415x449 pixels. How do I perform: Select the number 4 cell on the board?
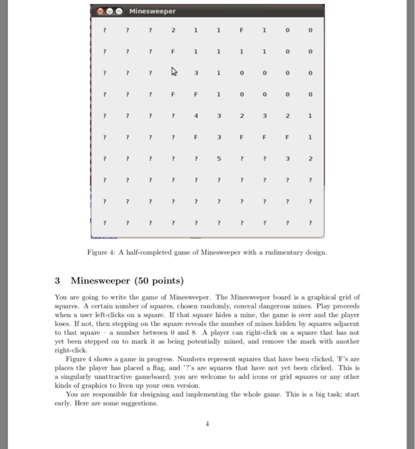(196, 116)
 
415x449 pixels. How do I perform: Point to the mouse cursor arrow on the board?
(172, 72)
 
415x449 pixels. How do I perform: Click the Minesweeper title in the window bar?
(152, 11)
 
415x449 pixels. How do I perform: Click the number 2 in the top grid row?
(173, 30)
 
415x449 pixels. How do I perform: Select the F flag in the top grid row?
(242, 30)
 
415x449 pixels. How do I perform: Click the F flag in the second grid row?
(173, 51)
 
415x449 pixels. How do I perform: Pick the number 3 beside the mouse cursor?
(196, 72)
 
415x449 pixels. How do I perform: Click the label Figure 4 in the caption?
(102, 253)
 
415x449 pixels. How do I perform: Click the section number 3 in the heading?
(57, 280)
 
